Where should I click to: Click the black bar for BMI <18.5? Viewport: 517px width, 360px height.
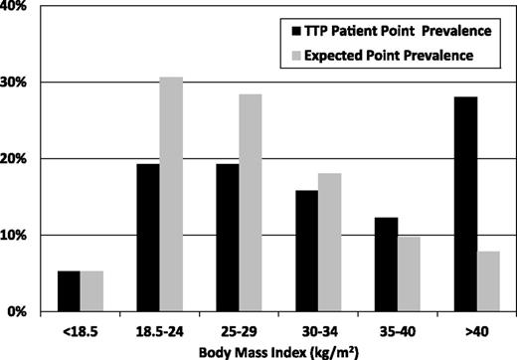point(69,291)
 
